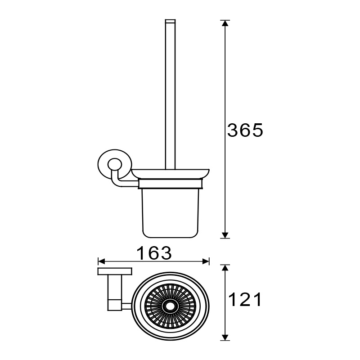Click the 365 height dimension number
point(245,130)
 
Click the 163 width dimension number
point(154,253)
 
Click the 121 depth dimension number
point(245,299)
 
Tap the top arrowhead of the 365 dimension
point(225,23)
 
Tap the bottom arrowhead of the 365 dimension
point(225,235)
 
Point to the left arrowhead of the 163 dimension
point(101,261)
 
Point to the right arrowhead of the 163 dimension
point(206,261)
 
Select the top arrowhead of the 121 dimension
point(225,268)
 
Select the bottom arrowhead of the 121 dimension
point(225,337)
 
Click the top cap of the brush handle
point(170,21)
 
